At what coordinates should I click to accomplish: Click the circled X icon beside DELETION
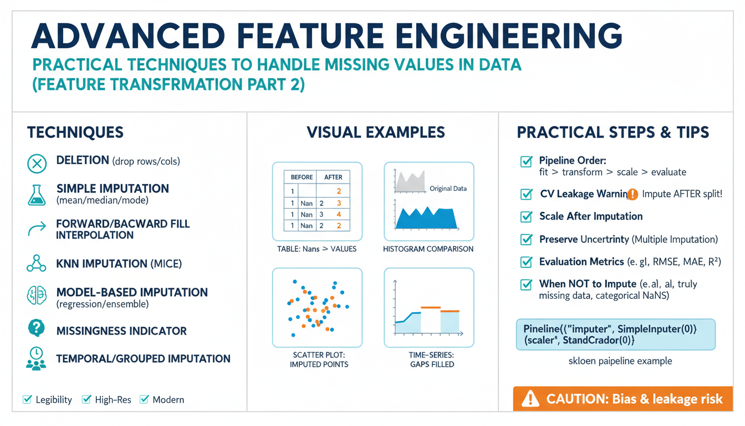(37, 164)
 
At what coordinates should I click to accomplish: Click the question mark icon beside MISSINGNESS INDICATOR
(37, 328)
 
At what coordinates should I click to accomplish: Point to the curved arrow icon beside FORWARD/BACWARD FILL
(37, 229)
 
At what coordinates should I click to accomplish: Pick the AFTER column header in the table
(333, 177)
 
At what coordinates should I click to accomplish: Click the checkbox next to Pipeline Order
(526, 161)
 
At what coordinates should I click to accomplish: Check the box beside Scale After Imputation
(526, 216)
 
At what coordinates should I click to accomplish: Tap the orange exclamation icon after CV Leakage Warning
(632, 194)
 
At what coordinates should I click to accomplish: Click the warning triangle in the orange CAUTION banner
(530, 398)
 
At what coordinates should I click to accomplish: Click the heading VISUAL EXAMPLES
(375, 132)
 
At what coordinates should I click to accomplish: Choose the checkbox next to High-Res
(86, 399)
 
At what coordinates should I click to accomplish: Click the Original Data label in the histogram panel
(448, 189)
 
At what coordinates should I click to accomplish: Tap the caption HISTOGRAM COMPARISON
(428, 249)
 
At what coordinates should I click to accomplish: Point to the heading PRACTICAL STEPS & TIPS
(613, 132)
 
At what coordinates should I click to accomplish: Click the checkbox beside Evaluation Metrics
(526, 262)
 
